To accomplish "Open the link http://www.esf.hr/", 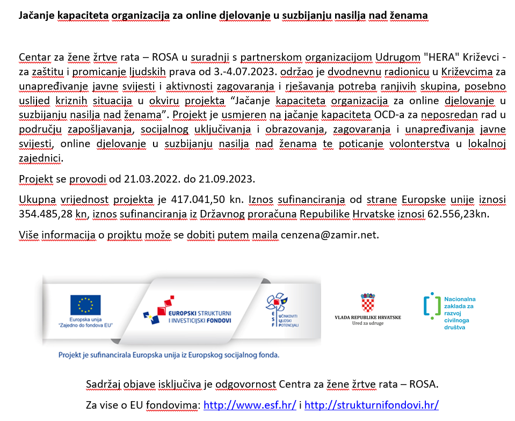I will [250, 404].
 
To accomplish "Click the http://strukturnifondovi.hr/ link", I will [371, 404].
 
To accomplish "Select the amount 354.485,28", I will [44, 214].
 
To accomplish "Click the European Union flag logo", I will [85, 304].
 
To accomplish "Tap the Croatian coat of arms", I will [367, 303].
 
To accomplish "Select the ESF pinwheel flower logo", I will [278, 303].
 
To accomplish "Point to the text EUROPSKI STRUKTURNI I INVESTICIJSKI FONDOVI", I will [200, 316].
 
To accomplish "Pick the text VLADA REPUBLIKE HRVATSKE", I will [367, 317].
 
